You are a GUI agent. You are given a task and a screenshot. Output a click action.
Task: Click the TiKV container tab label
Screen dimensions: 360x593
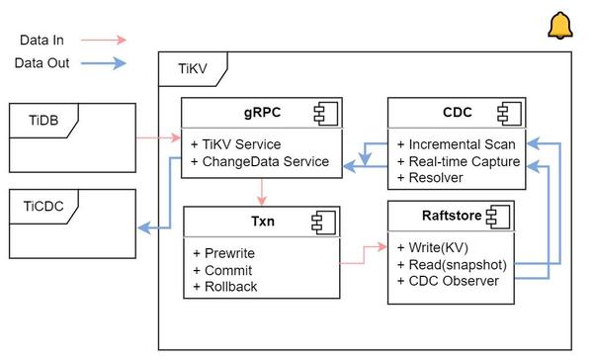191,71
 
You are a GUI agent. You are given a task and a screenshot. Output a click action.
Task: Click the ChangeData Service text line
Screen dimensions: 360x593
260,161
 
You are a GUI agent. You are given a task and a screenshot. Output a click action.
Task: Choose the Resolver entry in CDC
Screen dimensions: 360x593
429,177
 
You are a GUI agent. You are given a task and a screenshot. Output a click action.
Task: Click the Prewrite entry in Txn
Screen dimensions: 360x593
224,253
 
